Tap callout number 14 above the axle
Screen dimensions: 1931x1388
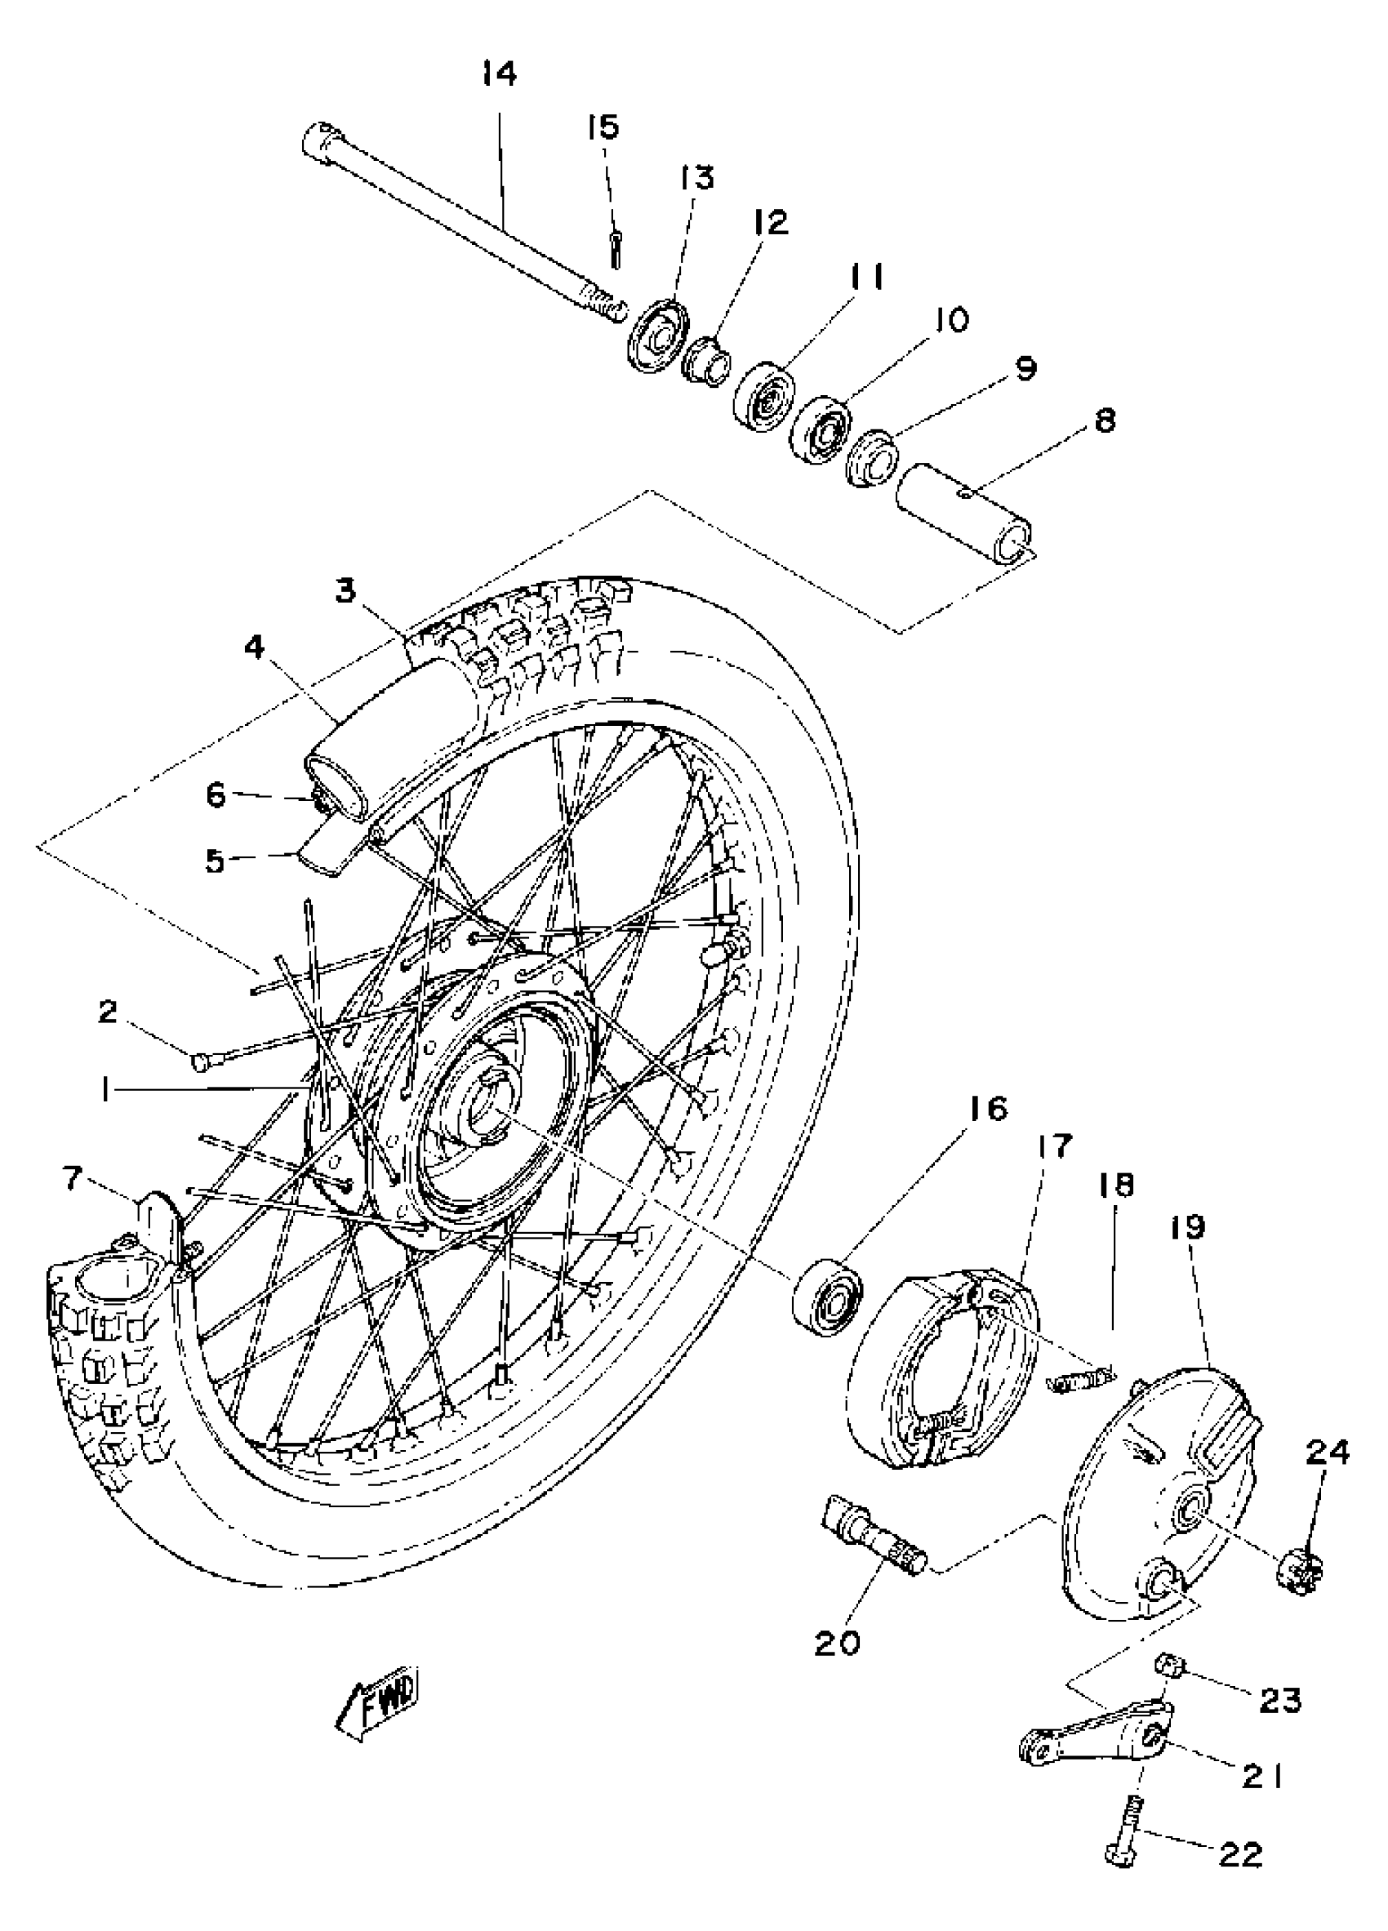coord(499,74)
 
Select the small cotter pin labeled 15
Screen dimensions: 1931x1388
coord(615,248)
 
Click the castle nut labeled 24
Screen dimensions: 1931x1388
coord(1302,1571)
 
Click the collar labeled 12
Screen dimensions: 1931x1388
coord(706,358)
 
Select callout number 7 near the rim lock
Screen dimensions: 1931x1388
coord(73,1179)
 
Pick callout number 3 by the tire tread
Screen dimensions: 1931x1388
coord(345,590)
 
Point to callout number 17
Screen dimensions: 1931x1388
coord(1054,1146)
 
